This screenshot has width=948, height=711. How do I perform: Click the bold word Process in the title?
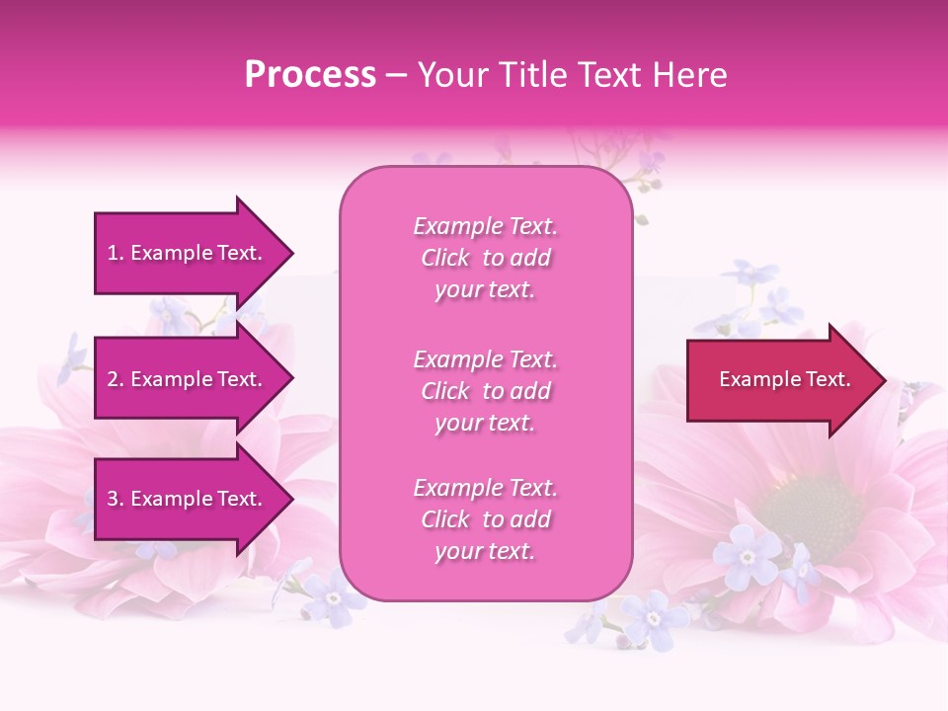coord(310,75)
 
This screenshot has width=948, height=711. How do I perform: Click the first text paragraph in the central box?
coord(485,258)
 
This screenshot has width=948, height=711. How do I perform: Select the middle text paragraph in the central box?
coord(485,391)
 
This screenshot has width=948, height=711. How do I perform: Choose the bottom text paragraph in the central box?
coord(485,519)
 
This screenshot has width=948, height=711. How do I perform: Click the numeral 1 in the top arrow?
coord(113,253)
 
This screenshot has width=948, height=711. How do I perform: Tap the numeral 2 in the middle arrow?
coord(113,379)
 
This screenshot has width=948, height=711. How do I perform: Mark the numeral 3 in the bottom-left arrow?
coord(113,499)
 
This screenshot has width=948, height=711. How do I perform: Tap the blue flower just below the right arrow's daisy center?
coord(747,555)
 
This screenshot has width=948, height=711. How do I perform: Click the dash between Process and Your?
coord(396,76)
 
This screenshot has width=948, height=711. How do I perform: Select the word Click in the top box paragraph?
coord(445,259)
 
